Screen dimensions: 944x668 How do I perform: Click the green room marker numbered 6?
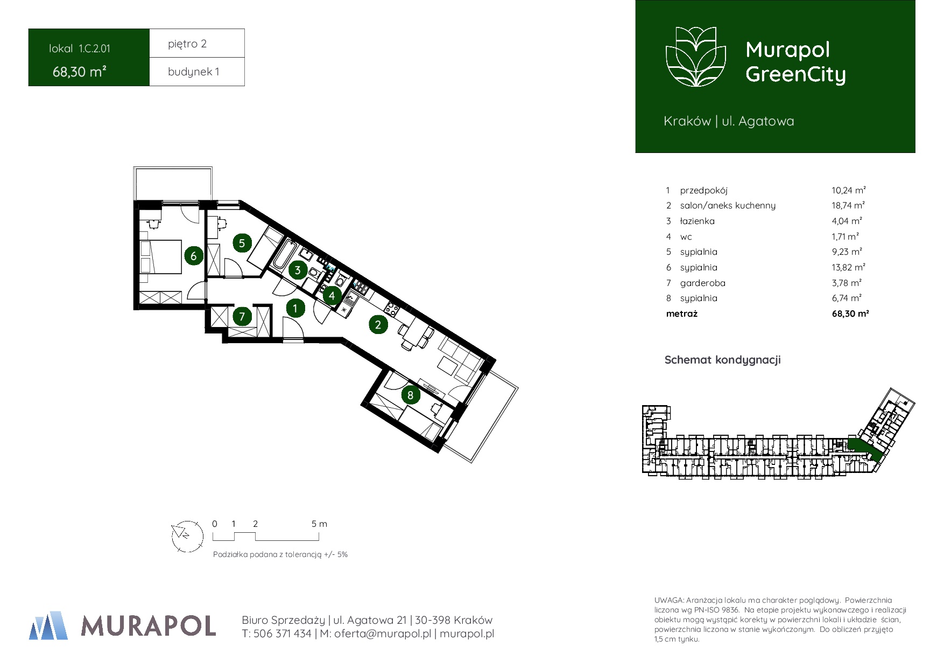click(x=194, y=256)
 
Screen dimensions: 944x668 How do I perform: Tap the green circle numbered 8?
click(x=410, y=395)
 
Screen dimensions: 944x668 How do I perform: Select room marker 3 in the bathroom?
click(x=298, y=270)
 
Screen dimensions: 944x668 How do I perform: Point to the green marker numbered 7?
click(x=242, y=316)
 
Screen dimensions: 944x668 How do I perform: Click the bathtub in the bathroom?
click(x=284, y=255)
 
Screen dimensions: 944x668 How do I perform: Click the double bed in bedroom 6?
click(x=160, y=257)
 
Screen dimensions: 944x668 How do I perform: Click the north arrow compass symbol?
click(x=187, y=536)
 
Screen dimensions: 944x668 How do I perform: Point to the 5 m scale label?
click(x=319, y=524)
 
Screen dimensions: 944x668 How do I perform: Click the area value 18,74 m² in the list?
click(x=848, y=205)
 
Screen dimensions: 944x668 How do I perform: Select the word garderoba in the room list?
click(x=702, y=283)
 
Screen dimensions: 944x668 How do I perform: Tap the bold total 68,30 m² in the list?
click(x=850, y=314)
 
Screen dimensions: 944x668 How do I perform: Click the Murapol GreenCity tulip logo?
click(x=696, y=57)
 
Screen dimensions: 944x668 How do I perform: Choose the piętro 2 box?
click(x=197, y=43)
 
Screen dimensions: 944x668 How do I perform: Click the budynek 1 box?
click(x=197, y=72)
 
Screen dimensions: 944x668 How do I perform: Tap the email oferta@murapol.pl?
click(x=382, y=634)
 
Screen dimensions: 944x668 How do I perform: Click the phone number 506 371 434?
click(x=282, y=634)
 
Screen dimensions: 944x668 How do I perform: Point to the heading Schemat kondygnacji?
click(x=722, y=360)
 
